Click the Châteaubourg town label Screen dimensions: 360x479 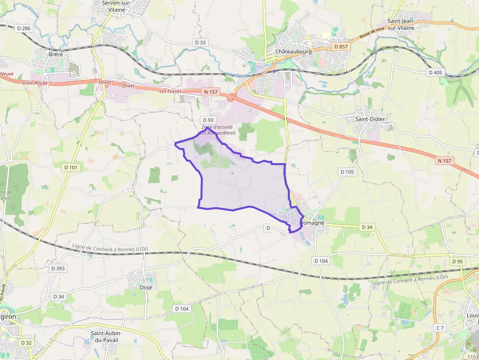(x=293, y=52)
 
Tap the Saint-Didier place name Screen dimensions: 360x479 (x=370, y=119)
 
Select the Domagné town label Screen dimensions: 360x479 (x=312, y=223)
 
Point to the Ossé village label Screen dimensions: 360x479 (x=146, y=287)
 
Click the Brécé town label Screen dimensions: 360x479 (x=56, y=54)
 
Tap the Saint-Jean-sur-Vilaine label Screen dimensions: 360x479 (x=408, y=24)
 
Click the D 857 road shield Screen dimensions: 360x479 (x=340, y=46)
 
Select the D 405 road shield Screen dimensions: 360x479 (x=435, y=73)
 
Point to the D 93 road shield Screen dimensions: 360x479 (x=208, y=120)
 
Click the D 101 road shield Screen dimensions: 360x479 (x=71, y=167)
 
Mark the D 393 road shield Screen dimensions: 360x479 (x=58, y=268)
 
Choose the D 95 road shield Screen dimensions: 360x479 (x=457, y=261)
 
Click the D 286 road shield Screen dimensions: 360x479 (x=23, y=28)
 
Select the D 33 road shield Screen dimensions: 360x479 (x=200, y=42)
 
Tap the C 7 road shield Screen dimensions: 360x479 (x=440, y=327)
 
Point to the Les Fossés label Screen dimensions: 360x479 (x=170, y=91)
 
